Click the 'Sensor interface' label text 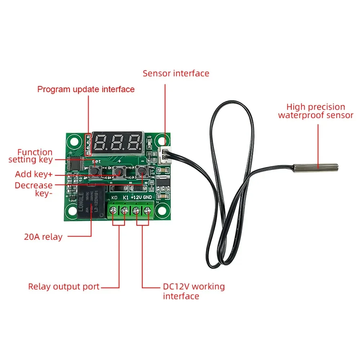[176, 73]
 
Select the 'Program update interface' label [86, 89]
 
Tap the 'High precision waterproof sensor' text [316, 111]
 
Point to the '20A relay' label [43, 237]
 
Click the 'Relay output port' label [64, 287]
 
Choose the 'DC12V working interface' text [194, 291]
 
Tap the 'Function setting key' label [31, 156]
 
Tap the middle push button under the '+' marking [119, 172]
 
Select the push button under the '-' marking [141, 171]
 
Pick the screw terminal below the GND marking [148, 211]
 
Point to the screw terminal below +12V [136, 211]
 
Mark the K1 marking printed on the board [126, 198]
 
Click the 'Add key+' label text [34, 175]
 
